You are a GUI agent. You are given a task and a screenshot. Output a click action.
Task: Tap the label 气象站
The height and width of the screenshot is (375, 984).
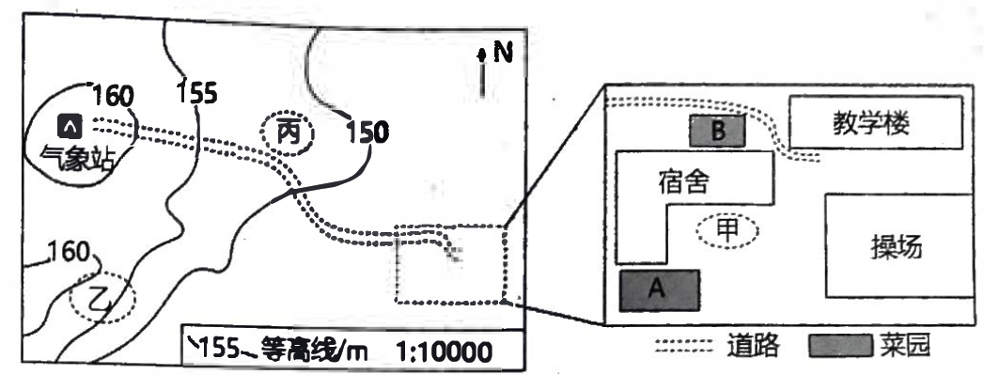[76, 157]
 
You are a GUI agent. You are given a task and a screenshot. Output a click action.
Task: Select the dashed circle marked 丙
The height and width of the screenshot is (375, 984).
[288, 133]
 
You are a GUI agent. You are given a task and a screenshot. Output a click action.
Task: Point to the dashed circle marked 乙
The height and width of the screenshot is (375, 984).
[102, 298]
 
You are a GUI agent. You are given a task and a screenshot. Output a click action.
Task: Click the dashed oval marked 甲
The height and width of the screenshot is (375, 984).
[728, 231]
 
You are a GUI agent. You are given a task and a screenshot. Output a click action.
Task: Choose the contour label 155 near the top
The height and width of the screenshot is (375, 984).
[197, 93]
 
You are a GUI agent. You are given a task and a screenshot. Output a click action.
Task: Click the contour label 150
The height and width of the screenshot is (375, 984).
[367, 133]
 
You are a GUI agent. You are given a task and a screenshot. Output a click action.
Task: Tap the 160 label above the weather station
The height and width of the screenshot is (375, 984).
[113, 97]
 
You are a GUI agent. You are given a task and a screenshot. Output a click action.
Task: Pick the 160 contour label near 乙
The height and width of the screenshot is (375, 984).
[69, 253]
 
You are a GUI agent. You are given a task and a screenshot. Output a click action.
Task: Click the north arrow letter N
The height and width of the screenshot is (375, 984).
[503, 53]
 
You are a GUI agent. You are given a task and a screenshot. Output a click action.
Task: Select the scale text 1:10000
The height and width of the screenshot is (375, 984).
[445, 352]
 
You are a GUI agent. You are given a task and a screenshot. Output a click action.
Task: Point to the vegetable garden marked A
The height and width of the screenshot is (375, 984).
[660, 290]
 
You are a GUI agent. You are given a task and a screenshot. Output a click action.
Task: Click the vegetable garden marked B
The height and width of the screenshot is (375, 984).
[718, 131]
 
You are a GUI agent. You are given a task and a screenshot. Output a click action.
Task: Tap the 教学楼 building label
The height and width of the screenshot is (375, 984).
[871, 123]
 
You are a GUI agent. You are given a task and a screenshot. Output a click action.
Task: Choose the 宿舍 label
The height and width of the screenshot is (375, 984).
[684, 181]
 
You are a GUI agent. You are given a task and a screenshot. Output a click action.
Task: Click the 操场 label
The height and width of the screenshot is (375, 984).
[897, 248]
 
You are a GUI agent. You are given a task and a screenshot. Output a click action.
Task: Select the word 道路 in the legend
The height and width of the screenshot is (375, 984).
[753, 345]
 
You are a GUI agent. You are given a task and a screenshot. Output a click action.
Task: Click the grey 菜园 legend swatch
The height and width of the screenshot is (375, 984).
[840, 346]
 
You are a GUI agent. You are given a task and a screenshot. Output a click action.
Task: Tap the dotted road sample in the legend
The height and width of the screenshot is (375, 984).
[684, 345]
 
